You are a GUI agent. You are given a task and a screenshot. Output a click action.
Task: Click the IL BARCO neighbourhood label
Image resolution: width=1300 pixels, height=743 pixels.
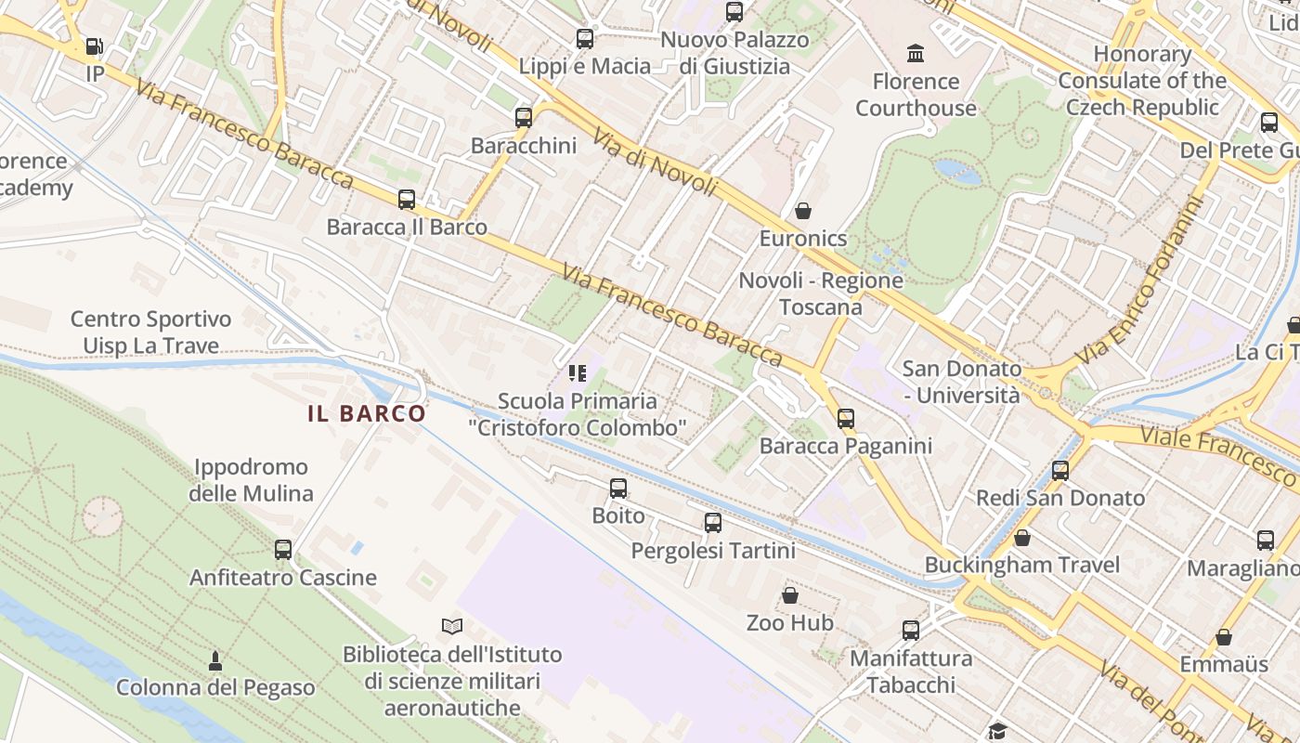pos(367,413)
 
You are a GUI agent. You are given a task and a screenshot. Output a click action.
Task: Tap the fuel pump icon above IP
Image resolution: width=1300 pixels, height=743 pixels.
pos(94,46)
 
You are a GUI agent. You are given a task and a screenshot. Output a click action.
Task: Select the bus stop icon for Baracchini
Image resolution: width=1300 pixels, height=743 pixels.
pos(524,118)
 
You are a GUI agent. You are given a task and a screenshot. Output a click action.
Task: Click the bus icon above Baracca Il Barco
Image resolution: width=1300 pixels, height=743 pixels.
pos(407,200)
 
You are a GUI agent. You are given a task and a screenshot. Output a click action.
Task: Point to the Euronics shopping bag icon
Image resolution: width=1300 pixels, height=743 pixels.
pos(803,211)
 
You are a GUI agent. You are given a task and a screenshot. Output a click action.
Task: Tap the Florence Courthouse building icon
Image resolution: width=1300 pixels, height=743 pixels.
pos(916,53)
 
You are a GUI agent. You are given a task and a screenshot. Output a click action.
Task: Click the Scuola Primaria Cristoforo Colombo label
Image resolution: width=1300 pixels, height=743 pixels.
pos(577,414)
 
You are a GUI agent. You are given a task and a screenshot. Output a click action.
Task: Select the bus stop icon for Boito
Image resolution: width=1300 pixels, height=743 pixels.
pos(618,489)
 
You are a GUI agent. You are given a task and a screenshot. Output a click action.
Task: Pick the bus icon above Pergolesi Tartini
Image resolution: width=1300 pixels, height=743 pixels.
pos(713,523)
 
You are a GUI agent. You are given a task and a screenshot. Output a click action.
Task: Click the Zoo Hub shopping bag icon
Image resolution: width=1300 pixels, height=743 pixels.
pos(790,595)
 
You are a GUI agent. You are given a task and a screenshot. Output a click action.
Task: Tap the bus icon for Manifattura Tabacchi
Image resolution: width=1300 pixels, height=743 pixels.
pos(911,631)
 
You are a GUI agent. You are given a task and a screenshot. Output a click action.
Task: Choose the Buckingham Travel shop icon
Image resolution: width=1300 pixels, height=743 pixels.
pos(1022,538)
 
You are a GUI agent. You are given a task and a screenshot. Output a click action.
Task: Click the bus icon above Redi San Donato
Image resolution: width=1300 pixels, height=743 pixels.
pos(1060,471)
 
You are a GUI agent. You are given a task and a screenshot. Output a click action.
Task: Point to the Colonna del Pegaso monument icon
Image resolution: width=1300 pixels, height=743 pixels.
pos(215,661)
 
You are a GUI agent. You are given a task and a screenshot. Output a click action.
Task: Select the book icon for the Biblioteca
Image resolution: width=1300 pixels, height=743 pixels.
pos(452,627)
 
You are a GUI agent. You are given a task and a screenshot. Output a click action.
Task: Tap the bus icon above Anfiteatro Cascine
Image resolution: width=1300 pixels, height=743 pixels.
pos(283,550)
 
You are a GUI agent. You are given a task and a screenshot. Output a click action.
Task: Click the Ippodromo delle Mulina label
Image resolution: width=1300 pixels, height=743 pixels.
pos(251,480)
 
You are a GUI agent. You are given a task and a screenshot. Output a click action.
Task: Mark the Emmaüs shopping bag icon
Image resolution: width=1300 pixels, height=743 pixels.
pos(1224,638)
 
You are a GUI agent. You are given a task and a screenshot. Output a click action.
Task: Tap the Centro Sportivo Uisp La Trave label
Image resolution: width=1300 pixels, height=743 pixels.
pos(151,332)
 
